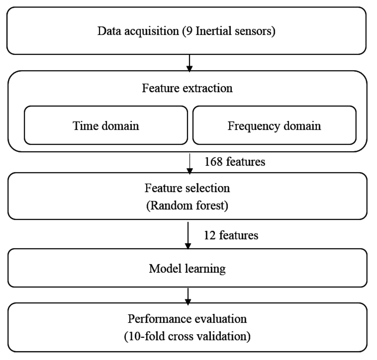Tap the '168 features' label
click(235, 162)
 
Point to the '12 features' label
click(231, 235)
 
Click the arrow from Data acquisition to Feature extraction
click(189, 63)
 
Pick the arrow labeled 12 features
click(188, 235)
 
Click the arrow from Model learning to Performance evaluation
click(188, 296)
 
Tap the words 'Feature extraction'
click(187, 88)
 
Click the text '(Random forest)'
click(187, 205)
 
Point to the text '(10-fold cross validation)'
click(187, 336)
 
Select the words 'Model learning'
click(187, 269)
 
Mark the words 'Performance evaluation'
click(187, 318)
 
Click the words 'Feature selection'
click(187, 188)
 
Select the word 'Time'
click(84, 126)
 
